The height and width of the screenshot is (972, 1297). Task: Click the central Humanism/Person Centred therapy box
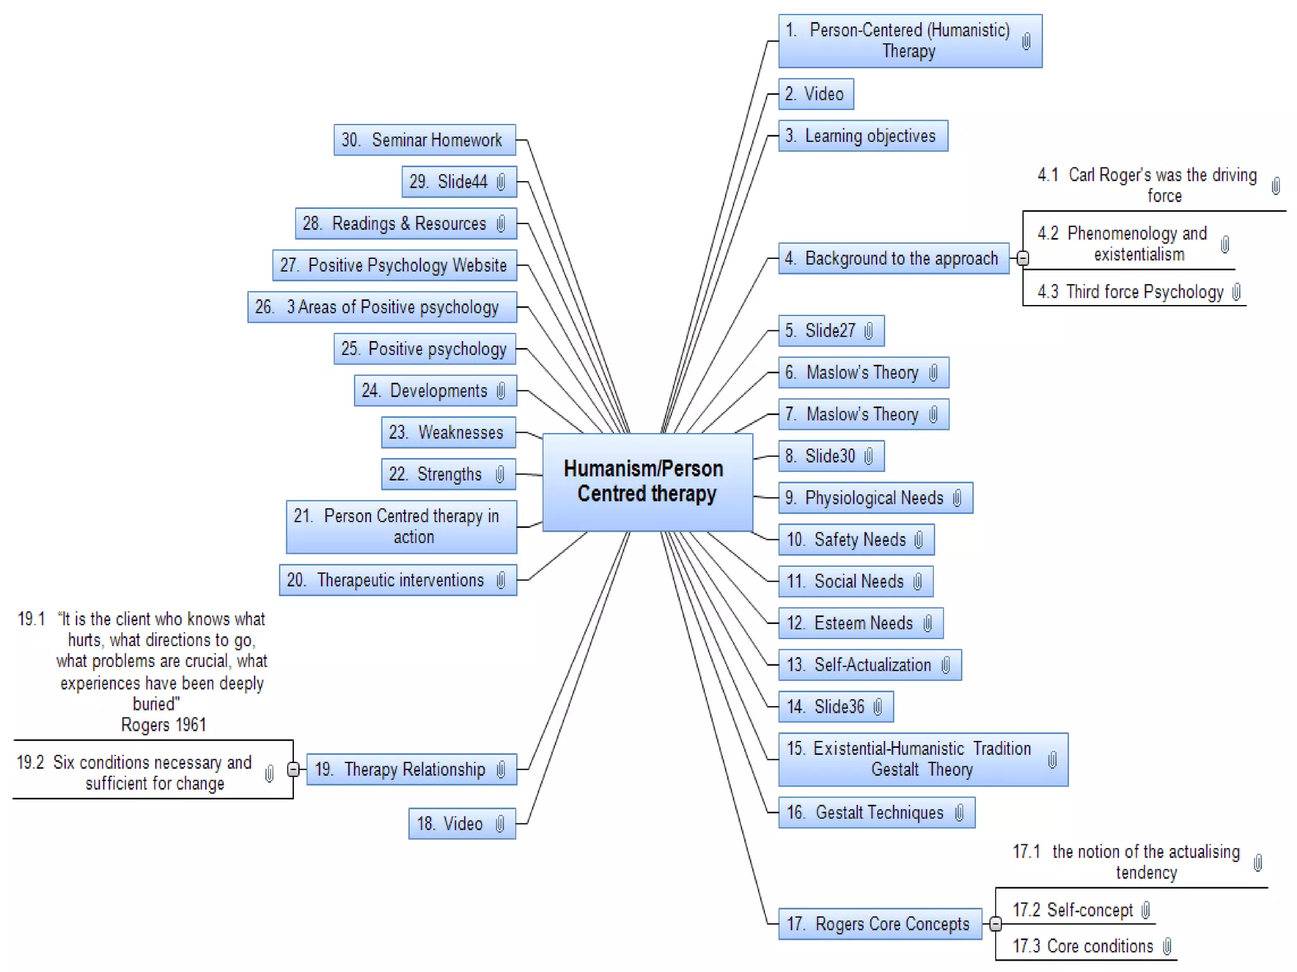647,482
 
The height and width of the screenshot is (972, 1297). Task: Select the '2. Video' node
815,94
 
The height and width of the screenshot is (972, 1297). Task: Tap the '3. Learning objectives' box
863,136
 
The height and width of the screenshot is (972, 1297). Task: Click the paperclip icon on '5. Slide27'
869,331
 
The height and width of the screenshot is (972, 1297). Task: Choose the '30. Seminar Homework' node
424,140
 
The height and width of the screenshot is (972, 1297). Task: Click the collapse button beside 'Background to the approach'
1023,258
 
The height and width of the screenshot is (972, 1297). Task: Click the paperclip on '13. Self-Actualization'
946,665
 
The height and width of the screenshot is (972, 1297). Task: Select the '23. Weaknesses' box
448,433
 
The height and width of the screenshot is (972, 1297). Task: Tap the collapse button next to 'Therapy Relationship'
293,769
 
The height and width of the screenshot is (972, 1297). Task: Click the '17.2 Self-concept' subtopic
1073,910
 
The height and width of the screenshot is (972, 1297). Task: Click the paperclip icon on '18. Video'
500,824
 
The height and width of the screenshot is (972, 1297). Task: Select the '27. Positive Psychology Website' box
394,265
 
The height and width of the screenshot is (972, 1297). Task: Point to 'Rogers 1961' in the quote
163,725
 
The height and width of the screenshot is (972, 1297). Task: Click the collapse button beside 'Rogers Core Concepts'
996,924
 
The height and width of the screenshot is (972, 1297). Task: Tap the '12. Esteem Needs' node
860,623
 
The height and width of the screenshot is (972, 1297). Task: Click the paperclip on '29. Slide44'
501,182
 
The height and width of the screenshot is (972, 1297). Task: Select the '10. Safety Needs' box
856,540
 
